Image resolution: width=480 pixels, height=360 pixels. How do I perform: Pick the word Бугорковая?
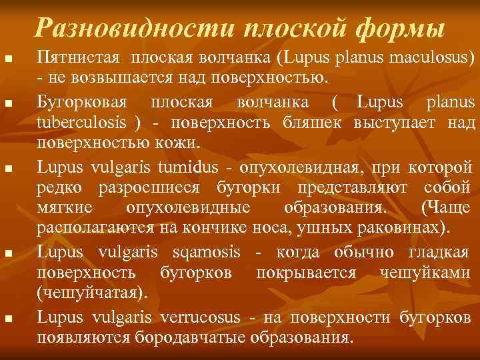point(79,102)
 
